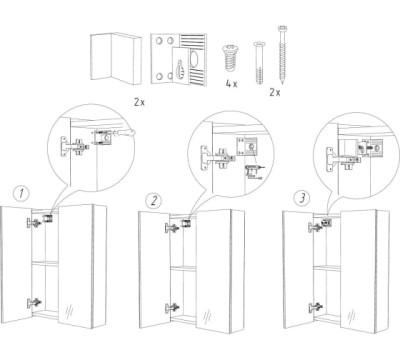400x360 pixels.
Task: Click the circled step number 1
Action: click(21, 193)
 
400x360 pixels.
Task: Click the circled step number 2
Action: click(154, 201)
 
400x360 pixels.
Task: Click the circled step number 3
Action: click(302, 198)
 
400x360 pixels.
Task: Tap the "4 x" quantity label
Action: click(231, 84)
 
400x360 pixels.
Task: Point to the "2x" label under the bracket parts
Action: click(139, 102)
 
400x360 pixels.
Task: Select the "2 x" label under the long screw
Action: click(275, 92)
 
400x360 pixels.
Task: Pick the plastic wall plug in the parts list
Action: click(259, 63)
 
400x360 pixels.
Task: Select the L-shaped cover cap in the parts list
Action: click(115, 58)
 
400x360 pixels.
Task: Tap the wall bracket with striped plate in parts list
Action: click(179, 59)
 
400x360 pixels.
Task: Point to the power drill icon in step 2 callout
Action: click(253, 173)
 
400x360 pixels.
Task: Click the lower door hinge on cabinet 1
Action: click(34, 303)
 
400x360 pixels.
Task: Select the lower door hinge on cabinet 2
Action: click(172, 308)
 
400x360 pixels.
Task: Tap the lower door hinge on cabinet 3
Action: click(315, 307)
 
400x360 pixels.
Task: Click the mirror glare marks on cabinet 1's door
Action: click(69, 312)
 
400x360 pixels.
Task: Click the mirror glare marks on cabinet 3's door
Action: click(351, 315)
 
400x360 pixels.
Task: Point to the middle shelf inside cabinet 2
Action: click(183, 268)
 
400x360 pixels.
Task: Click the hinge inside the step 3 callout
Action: click(340, 158)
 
